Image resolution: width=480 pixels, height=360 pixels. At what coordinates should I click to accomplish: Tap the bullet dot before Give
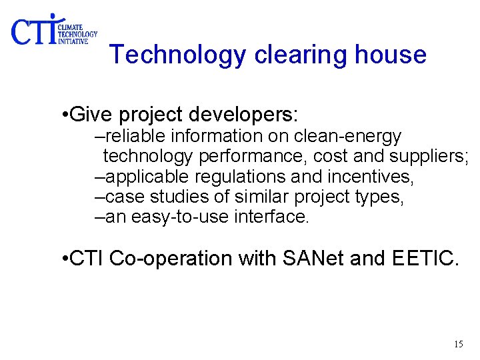point(62,115)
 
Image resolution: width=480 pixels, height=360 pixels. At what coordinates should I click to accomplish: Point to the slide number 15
point(458,344)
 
